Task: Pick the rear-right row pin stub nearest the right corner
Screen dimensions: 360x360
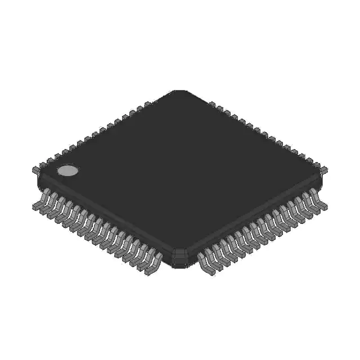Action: tap(325, 168)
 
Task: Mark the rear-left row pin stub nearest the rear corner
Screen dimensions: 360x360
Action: tap(147, 104)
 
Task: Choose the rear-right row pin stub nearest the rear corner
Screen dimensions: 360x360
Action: tap(213, 104)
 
